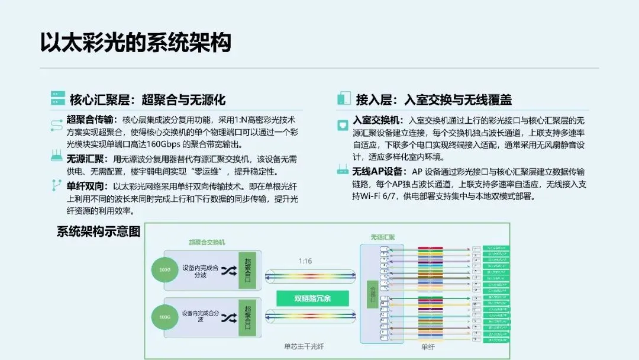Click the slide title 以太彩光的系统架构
[135, 43]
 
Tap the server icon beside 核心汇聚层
[57, 98]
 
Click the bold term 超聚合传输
[92, 118]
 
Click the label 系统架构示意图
[98, 232]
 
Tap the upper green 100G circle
[164, 271]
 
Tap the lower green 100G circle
[164, 318]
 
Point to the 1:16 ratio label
[305, 261]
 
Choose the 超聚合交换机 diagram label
[206, 242]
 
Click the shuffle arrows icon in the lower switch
[228, 319]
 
